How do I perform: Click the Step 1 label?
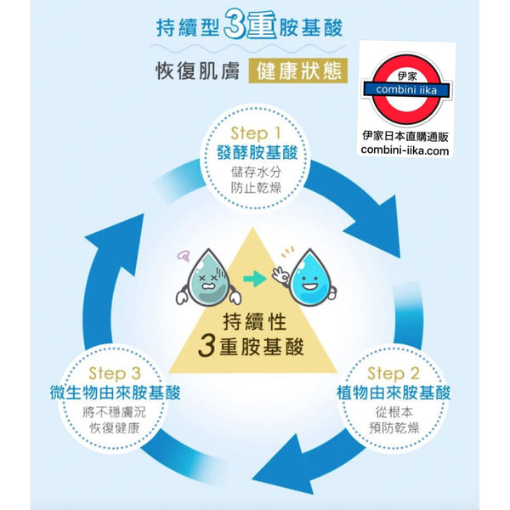tap(255, 133)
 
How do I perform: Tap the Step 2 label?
tap(392, 374)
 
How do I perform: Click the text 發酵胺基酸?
tap(255, 154)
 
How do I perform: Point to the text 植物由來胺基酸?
tap(393, 394)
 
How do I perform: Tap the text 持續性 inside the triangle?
tap(254, 322)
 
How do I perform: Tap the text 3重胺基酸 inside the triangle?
tap(254, 347)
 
